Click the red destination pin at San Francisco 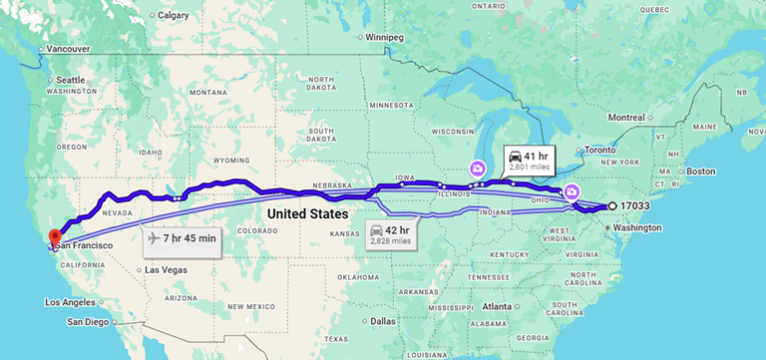(56, 236)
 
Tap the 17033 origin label (635, 205)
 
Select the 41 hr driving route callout (528, 161)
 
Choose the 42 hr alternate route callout (388, 233)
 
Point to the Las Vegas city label (166, 270)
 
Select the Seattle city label (70, 80)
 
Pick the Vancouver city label (68, 48)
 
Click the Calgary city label (173, 15)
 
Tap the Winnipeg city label (384, 37)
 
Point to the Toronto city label (599, 150)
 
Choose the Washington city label (637, 227)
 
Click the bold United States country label (307, 214)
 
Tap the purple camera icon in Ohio (572, 191)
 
